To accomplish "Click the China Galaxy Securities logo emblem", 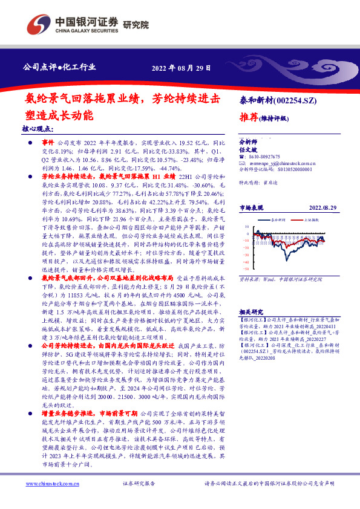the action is point(38,24).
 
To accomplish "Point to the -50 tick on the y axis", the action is point(247,268).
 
